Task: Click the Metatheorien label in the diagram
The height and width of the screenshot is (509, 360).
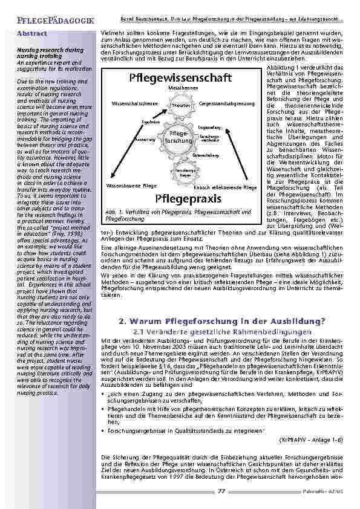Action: (x=177, y=88)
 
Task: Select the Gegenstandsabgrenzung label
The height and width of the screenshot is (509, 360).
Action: (x=221, y=104)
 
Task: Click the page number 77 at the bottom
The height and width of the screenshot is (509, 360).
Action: (x=222, y=491)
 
